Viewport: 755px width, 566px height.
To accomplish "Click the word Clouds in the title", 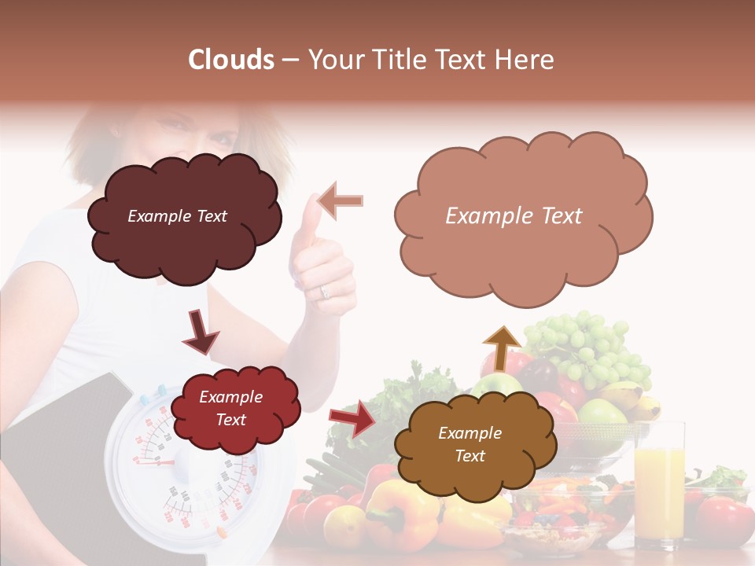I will pyautogui.click(x=231, y=60).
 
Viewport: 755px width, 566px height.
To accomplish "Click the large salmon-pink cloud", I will pyautogui.click(x=522, y=218).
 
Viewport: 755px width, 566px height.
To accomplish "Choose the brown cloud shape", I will pyautogui.click(x=470, y=444).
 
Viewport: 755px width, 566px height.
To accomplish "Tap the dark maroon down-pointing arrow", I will pyautogui.click(x=201, y=331).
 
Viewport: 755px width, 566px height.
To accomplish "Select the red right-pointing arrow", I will pyautogui.click(x=352, y=418).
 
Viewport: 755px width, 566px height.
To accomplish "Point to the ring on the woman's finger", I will pyautogui.click(x=324, y=292).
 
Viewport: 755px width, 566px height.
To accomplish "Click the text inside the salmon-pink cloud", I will pyautogui.click(x=514, y=216).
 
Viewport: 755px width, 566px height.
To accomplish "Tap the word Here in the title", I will pyautogui.click(x=528, y=60).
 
